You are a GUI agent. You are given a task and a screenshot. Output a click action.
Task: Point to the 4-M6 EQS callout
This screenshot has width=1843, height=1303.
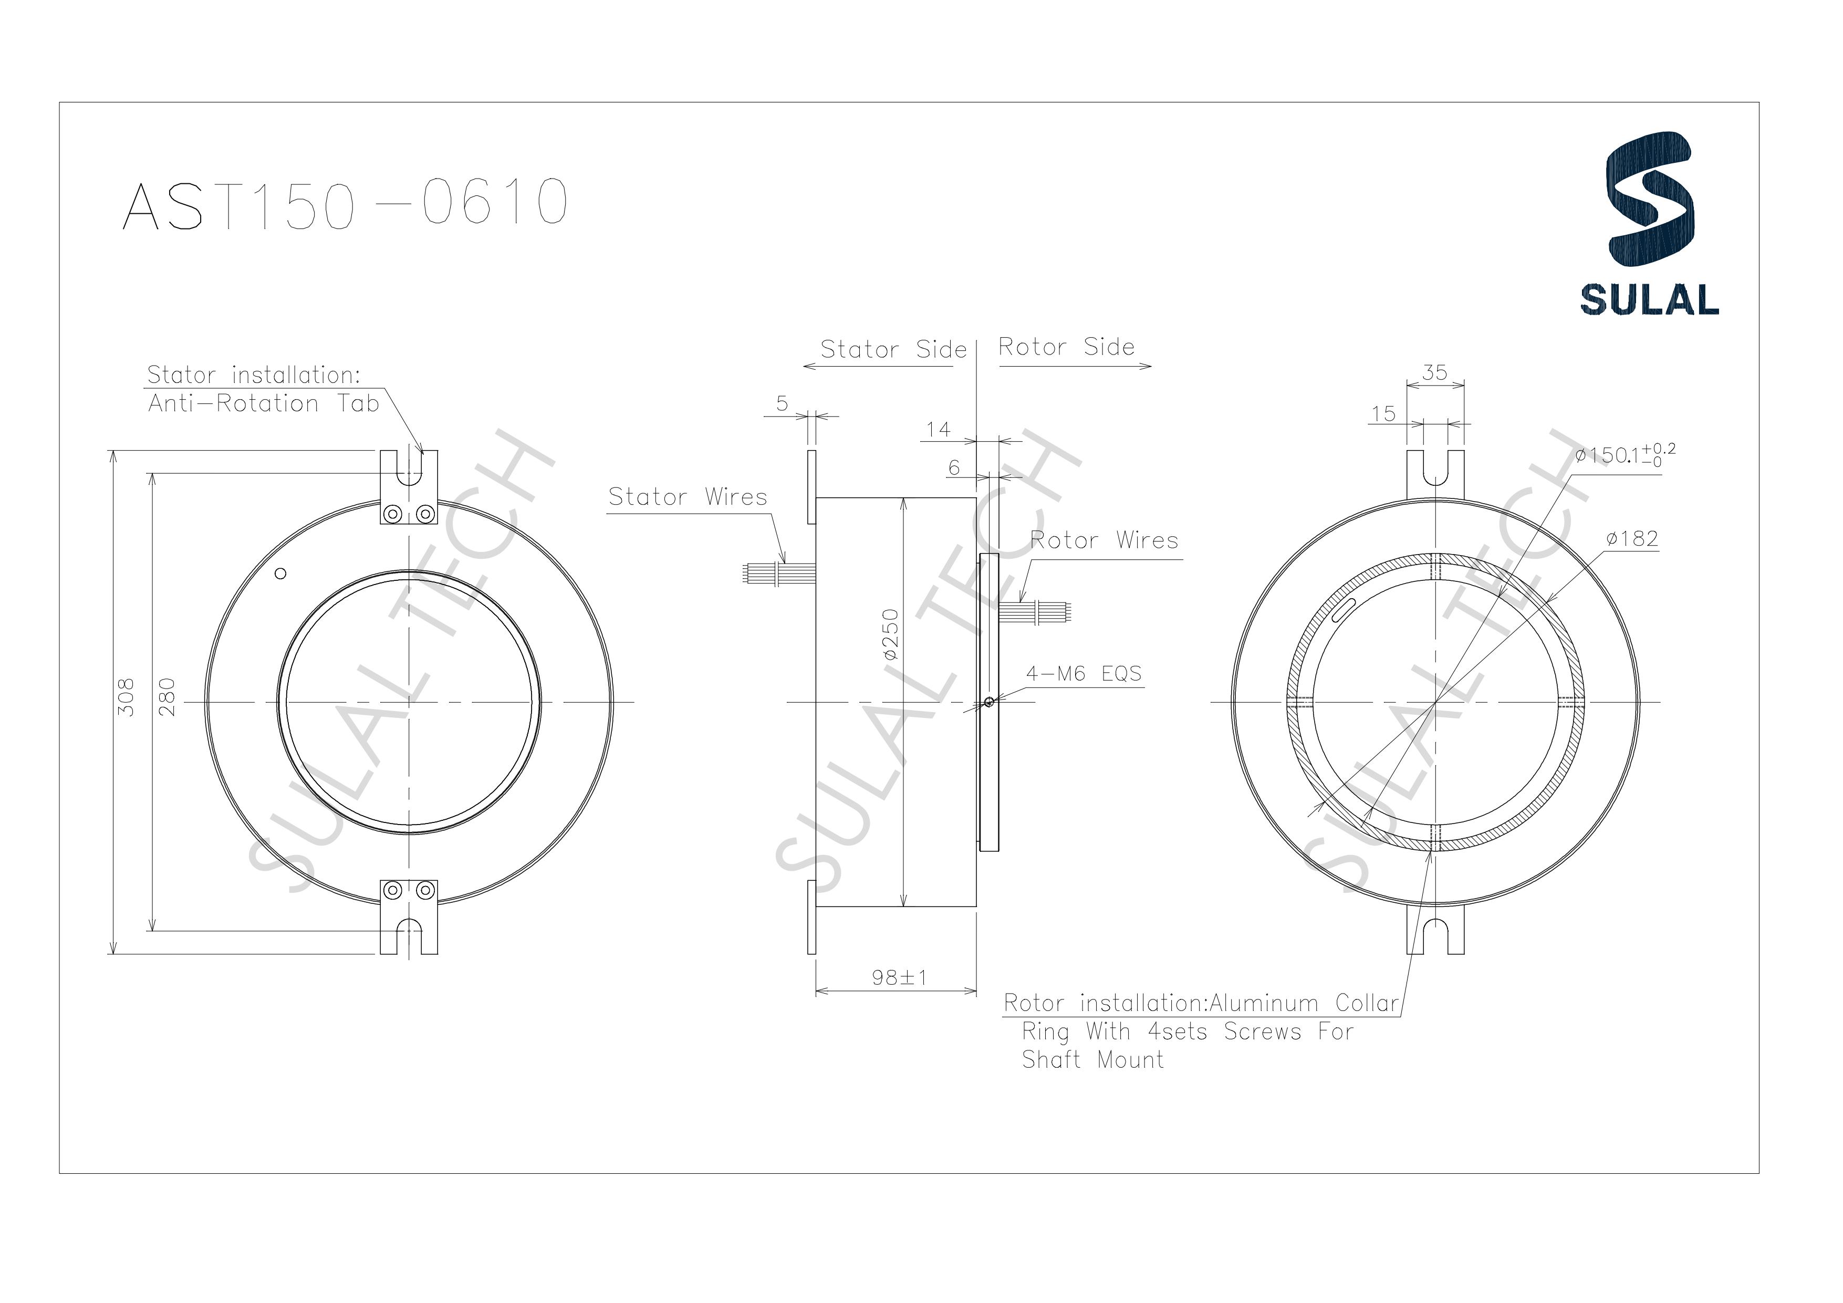coord(1084,674)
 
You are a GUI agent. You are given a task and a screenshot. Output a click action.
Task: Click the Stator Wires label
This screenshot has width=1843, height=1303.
coord(688,497)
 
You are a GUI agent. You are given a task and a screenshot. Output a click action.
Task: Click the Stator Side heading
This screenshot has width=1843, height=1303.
coord(892,350)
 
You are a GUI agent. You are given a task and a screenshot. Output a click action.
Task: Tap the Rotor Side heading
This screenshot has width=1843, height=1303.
coord(1066,347)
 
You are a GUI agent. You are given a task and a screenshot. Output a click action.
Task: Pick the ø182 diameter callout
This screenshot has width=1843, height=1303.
coord(1632,539)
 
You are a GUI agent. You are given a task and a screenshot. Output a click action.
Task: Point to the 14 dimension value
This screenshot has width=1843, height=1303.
coord(938,430)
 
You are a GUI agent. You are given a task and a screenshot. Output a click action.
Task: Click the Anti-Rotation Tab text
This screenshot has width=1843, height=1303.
coord(263,403)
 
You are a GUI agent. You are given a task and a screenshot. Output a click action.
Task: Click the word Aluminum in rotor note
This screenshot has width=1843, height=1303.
coord(1264,1004)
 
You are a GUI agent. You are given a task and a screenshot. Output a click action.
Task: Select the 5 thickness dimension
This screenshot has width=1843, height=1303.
coord(782,404)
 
